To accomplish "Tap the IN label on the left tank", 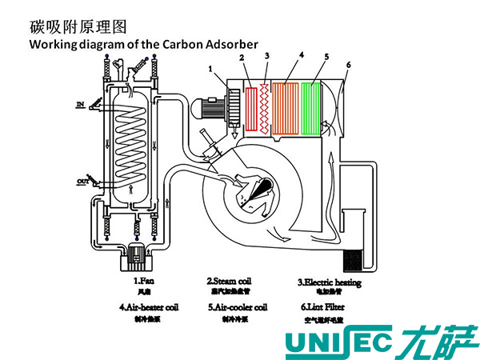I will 80,105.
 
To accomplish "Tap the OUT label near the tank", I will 82,182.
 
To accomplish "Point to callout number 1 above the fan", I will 210,70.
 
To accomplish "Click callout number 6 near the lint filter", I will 348,64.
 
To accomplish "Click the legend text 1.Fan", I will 145,282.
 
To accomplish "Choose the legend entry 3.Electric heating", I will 330,282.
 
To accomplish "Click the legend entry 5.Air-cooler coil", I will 237,306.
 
